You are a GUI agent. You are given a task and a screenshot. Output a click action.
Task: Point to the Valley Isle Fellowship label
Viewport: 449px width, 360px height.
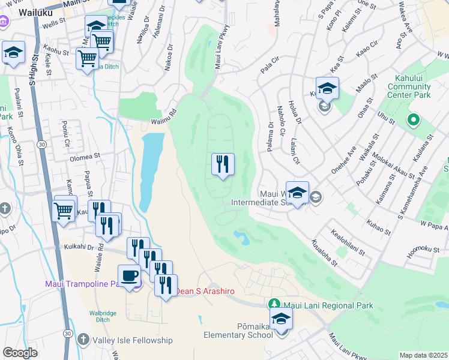(132, 340)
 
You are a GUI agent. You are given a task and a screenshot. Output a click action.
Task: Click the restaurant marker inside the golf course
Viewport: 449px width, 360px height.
(223, 164)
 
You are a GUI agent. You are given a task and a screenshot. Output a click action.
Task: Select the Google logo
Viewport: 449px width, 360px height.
(20, 353)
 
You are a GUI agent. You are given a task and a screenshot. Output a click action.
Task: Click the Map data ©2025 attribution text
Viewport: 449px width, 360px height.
(423, 355)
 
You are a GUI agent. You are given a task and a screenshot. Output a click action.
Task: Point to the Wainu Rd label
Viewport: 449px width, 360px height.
(163, 121)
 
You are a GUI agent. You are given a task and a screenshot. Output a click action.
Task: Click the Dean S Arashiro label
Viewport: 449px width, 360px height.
(200, 291)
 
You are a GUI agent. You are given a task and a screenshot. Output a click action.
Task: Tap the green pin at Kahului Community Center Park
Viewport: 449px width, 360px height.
(413, 119)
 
